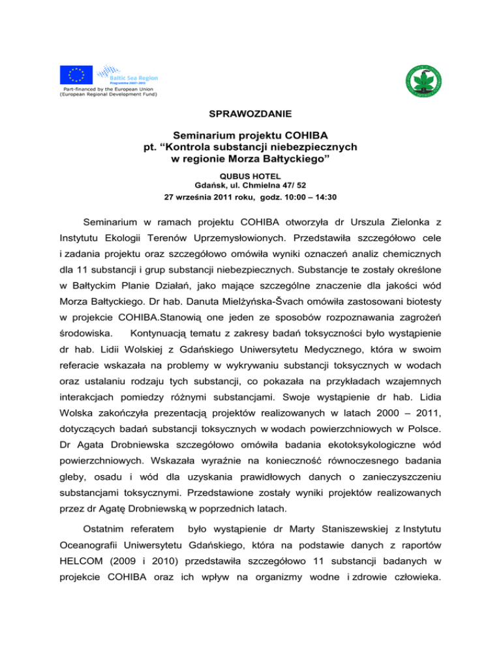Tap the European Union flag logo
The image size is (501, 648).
[76, 76]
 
